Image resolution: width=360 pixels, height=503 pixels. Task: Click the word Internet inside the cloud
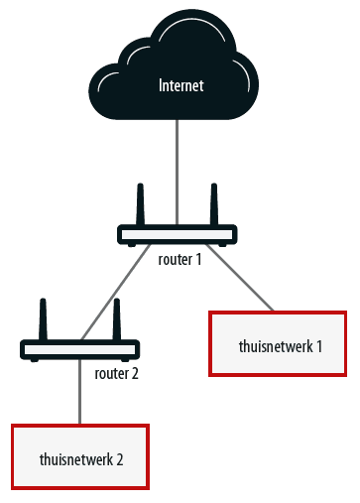pos(180,86)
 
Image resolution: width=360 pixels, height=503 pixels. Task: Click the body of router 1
pos(178,235)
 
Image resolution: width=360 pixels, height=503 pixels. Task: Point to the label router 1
pos(180,260)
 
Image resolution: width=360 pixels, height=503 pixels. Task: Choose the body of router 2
pos(79,349)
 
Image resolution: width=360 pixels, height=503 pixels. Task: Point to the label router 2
pos(116,374)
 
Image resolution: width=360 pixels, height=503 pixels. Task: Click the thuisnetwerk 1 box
pos(278,344)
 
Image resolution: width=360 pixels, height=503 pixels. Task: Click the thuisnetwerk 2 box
pos(79,456)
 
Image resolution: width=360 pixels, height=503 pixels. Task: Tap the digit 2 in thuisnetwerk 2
pos(119,459)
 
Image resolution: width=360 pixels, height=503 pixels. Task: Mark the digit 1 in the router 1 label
pos(198,260)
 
